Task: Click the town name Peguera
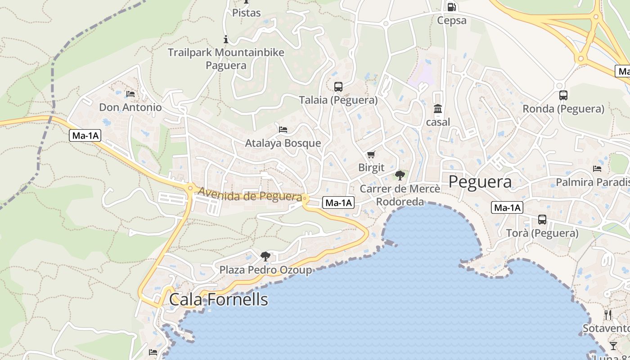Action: (x=480, y=182)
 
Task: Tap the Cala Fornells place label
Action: (x=218, y=300)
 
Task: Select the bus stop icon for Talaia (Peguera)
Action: (x=338, y=87)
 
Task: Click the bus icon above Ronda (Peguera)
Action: (x=563, y=95)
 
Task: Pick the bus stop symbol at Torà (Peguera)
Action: (x=542, y=220)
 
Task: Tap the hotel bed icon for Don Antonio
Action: (x=130, y=94)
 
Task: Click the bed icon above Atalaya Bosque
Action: (x=283, y=130)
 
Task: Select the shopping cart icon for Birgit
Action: (x=371, y=155)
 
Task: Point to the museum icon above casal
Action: (x=438, y=109)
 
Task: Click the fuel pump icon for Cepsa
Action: (x=451, y=7)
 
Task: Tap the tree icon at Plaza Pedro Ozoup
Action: (x=265, y=256)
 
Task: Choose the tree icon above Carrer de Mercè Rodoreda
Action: (x=400, y=175)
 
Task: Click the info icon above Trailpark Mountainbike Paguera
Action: (x=226, y=40)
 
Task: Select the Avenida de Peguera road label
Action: (x=250, y=195)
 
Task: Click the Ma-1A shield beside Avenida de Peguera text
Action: (x=338, y=203)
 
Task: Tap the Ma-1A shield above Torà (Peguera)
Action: (x=507, y=207)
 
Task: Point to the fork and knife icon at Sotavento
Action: (x=608, y=315)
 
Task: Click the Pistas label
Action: (x=246, y=13)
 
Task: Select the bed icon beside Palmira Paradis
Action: (x=597, y=169)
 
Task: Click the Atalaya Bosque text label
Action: (x=283, y=143)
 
